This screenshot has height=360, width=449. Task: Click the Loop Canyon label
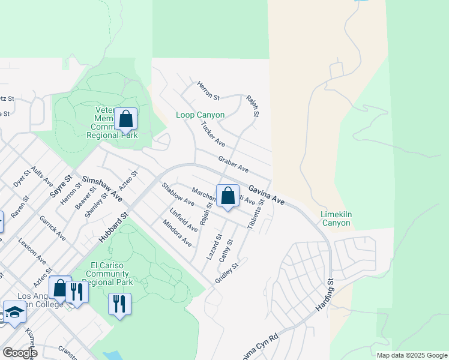200,115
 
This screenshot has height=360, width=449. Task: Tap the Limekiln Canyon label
327,218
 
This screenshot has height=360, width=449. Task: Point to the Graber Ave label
234,165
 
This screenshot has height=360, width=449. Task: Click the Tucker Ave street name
212,135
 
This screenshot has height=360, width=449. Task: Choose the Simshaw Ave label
103,188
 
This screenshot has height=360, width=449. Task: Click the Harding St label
324,295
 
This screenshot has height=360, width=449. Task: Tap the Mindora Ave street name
176,233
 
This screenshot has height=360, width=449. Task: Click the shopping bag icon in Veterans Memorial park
126,119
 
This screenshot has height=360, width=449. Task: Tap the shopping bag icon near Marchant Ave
228,196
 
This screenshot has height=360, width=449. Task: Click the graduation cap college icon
14,313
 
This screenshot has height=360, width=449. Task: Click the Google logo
19,353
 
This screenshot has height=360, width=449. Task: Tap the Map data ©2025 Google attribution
411,355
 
